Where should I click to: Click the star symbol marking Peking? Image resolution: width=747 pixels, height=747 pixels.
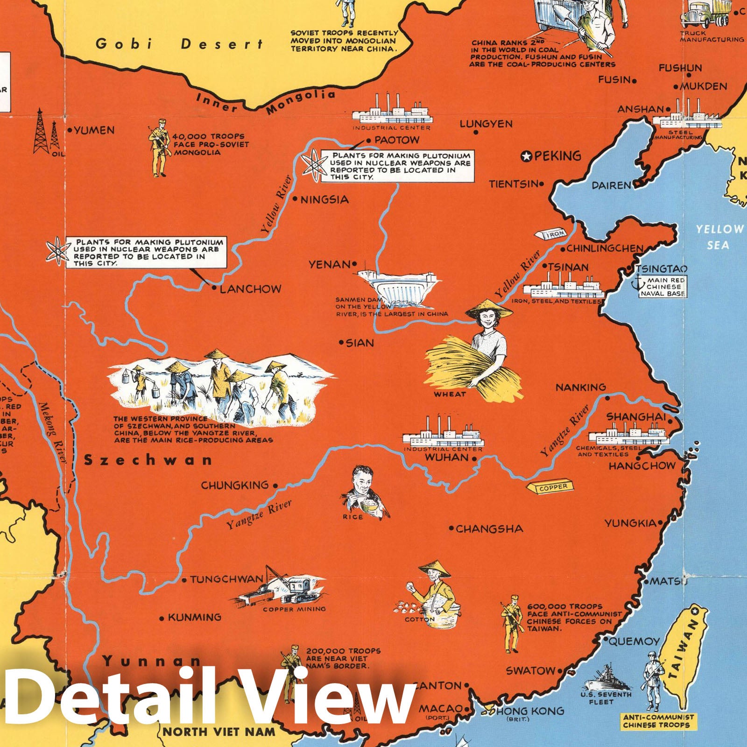[x=527, y=156]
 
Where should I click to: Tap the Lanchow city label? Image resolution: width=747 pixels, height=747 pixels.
[x=250, y=289]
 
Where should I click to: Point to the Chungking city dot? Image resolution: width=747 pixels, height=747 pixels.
[x=275, y=486]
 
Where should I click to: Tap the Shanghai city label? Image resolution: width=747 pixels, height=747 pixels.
[x=636, y=417]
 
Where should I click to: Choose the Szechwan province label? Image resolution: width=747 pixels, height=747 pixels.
[x=148, y=460]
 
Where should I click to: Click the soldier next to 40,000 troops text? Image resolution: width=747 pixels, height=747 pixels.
[x=158, y=147]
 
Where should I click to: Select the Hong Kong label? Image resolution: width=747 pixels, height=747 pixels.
[x=529, y=711]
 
